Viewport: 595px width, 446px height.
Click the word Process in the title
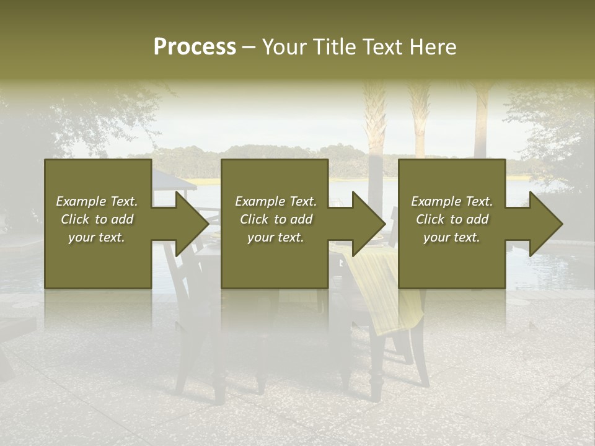[195, 47]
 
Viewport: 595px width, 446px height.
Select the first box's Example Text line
[97, 201]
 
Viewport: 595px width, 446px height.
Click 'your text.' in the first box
[97, 237]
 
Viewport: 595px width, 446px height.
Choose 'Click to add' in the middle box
[276, 219]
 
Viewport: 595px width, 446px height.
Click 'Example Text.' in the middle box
[276, 201]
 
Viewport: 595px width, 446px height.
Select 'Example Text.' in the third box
[452, 201]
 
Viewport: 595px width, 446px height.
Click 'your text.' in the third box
[452, 237]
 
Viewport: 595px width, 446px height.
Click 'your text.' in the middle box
[276, 237]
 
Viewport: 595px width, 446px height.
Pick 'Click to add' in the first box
[97, 219]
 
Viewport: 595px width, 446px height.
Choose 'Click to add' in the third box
[452, 219]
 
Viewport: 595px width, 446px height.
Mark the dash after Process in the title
[249, 47]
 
